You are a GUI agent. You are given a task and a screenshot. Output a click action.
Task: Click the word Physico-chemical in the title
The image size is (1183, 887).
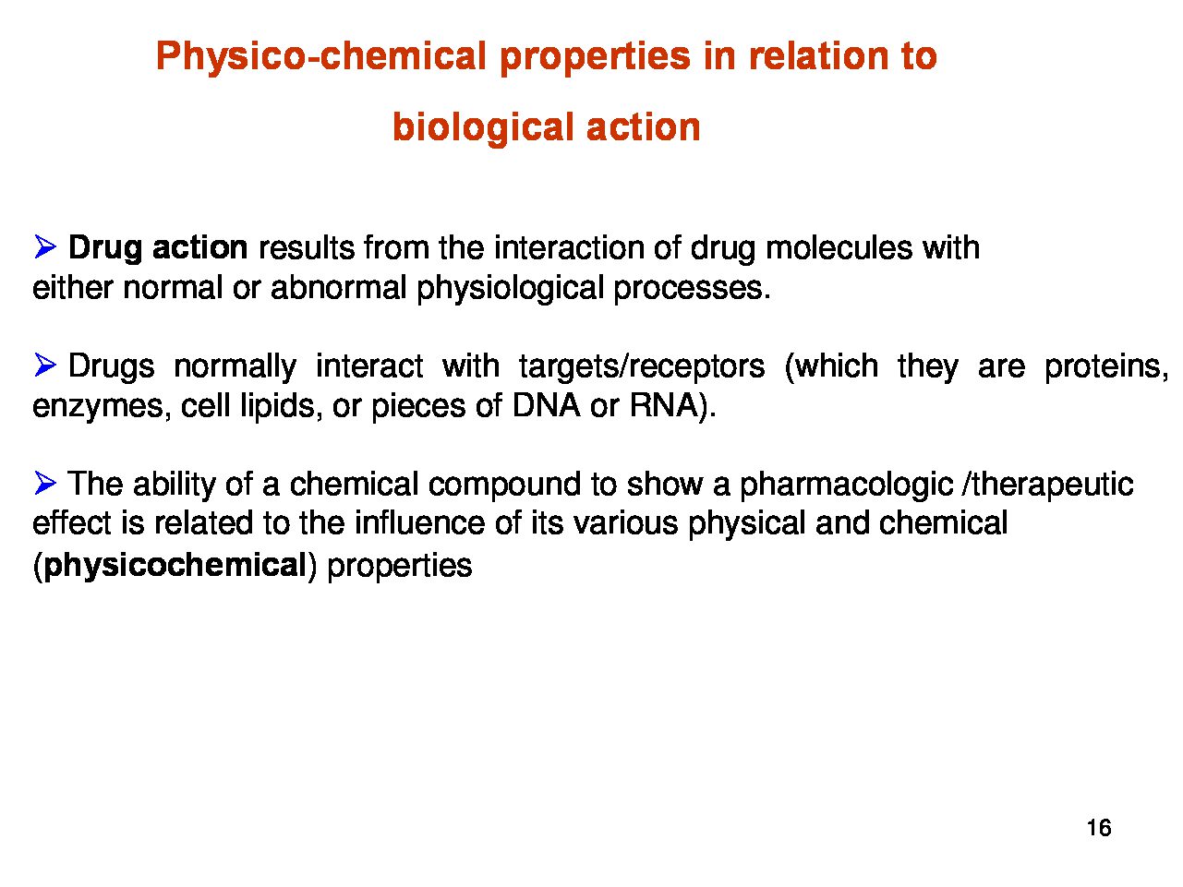click(x=321, y=57)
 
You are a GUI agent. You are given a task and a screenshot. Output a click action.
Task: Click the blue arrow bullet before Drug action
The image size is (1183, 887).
click(x=45, y=247)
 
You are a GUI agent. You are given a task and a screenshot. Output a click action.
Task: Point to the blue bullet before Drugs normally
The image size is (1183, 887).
click(x=45, y=365)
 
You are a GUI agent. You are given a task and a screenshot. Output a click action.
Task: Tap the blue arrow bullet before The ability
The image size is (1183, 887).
click(x=45, y=483)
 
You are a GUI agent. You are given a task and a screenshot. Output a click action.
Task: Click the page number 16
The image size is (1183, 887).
click(x=1099, y=828)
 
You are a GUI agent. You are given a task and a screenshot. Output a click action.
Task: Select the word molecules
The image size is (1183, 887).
click(x=839, y=247)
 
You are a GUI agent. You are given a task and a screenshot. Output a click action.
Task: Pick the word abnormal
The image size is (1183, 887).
click(x=339, y=287)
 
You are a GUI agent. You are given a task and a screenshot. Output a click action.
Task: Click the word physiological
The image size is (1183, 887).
click(x=510, y=288)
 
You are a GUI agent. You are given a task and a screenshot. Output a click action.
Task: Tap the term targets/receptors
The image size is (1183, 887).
click(x=642, y=366)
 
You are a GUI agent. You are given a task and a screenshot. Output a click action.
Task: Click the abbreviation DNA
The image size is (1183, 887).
click(x=546, y=405)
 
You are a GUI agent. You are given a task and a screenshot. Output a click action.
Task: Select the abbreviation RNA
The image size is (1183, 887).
click(x=664, y=405)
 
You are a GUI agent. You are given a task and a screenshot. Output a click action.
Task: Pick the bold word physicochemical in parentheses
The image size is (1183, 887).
click(x=175, y=566)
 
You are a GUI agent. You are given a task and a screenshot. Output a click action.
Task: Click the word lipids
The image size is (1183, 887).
click(x=277, y=406)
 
